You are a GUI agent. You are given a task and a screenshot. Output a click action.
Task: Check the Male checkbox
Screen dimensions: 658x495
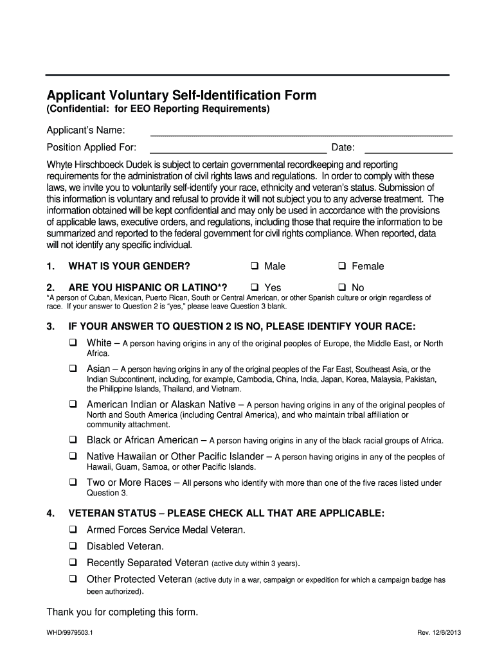point(255,267)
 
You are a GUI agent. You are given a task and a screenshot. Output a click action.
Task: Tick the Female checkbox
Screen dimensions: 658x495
point(342,267)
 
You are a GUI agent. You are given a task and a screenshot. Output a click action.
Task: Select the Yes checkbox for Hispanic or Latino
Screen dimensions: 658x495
point(255,287)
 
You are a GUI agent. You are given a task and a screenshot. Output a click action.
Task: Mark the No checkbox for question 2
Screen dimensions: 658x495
point(342,287)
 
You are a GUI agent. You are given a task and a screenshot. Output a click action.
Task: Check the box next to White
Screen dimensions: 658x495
point(73,343)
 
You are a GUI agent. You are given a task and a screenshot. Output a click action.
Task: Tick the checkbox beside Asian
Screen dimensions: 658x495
point(73,369)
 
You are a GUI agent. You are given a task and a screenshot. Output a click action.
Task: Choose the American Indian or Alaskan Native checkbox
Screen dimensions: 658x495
point(73,405)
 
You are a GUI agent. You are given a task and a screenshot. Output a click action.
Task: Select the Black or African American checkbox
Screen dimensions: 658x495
point(73,440)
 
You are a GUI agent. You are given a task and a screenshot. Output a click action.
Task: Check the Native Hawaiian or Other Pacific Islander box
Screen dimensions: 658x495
point(73,457)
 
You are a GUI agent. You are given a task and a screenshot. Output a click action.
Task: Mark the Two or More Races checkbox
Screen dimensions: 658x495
point(73,483)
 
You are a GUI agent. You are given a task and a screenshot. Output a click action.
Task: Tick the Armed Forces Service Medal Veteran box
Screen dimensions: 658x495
point(73,530)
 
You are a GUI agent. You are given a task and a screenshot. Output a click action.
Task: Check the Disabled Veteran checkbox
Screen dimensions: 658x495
point(73,547)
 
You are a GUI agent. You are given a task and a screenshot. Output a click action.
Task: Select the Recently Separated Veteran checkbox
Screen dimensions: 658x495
point(73,563)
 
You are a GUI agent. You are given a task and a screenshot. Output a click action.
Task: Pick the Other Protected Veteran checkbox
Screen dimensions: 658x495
point(73,580)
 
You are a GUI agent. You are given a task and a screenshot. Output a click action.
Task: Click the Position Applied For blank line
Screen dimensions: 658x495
point(238,149)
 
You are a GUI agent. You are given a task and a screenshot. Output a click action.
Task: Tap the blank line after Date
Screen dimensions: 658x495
point(408,149)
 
